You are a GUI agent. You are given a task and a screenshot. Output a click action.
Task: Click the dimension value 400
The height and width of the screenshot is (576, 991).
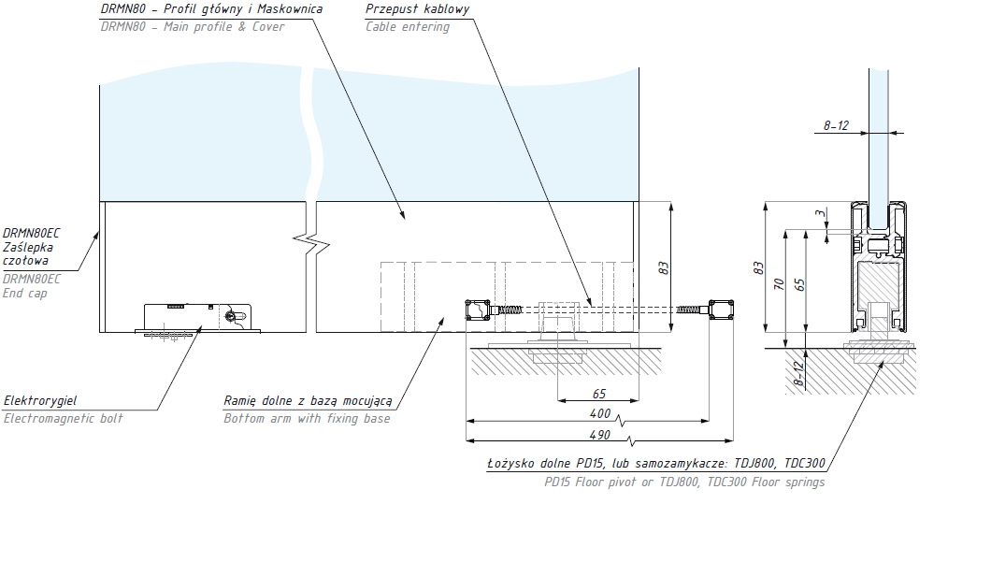600,413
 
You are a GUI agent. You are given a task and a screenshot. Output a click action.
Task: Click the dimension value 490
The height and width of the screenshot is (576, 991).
600,435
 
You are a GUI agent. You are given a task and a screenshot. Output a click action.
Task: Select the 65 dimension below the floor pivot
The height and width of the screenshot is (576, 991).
599,394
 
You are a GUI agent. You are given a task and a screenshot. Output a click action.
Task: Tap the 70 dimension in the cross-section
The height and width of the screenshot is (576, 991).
780,284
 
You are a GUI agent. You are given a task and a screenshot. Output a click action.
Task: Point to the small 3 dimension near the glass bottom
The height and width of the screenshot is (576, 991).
820,213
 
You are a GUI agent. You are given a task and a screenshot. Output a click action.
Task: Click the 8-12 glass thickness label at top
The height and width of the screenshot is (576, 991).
836,126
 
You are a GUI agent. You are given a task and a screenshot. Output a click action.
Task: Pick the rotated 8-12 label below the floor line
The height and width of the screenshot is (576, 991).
798,373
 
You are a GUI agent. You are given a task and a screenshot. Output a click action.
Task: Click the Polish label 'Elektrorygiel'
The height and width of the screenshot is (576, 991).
40,400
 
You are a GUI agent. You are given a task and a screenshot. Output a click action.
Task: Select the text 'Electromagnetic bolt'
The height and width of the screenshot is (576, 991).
64,418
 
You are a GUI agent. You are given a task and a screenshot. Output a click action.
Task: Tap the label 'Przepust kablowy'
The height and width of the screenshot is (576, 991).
417,8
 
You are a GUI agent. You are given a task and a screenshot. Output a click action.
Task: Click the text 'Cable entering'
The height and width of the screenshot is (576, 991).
407,26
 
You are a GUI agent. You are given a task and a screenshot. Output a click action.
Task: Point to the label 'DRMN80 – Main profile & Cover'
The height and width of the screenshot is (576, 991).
193,26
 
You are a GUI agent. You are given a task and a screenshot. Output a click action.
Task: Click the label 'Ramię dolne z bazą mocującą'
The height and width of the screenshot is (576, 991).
308,401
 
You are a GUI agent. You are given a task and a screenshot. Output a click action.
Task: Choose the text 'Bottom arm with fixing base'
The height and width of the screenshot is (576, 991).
307,418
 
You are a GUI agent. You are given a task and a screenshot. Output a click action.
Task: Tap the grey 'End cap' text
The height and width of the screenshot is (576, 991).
24,293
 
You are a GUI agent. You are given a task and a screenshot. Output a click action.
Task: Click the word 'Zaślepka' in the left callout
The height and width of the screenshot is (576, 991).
28,247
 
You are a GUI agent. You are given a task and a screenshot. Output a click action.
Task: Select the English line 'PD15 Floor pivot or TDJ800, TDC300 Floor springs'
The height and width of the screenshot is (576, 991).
684,482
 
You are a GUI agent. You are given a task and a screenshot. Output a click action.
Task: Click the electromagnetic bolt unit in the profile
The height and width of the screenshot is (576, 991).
198,318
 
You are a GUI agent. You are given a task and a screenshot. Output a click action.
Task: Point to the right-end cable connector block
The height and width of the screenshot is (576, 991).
721,310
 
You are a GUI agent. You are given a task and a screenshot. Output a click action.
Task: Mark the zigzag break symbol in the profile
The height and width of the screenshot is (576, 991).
311,242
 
